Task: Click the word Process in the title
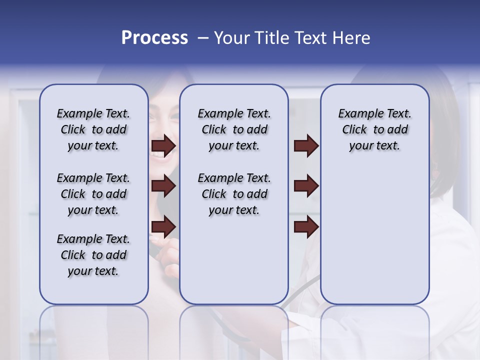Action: click(154, 38)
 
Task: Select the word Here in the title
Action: click(350, 38)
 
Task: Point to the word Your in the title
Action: click(232, 38)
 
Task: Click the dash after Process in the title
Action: click(202, 38)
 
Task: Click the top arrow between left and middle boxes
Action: click(163, 145)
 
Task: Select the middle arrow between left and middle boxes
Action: click(163, 186)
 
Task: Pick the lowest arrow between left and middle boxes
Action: click(163, 226)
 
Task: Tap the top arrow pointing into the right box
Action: click(306, 145)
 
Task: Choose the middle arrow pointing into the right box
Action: click(306, 186)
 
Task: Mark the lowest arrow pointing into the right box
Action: click(306, 226)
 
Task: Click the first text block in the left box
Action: click(93, 129)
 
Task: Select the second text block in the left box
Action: click(93, 194)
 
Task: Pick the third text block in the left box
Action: click(93, 255)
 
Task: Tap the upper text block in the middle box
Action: click(234, 129)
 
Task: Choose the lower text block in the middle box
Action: click(234, 194)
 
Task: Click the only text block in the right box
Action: click(374, 129)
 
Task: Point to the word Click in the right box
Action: click(354, 130)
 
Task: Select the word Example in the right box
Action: click(357, 114)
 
